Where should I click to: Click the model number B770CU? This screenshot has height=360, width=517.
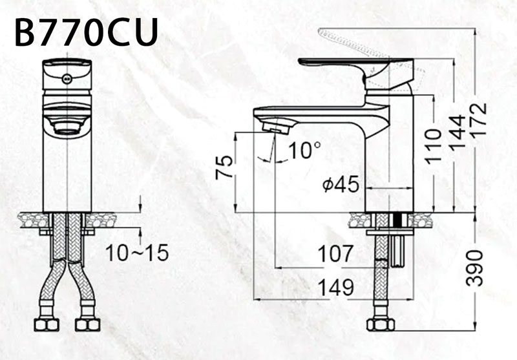[x=86, y=32]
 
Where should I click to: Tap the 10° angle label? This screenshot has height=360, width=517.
[x=304, y=151]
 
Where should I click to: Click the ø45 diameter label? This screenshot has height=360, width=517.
[x=341, y=185]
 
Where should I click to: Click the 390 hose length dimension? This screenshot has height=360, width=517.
[x=476, y=266]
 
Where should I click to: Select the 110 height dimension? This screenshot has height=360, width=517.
[x=434, y=143]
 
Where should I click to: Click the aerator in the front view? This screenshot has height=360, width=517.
[x=67, y=127]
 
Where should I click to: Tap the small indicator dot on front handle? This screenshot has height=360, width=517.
[x=65, y=78]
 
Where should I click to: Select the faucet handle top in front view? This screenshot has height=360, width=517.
[x=67, y=63]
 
